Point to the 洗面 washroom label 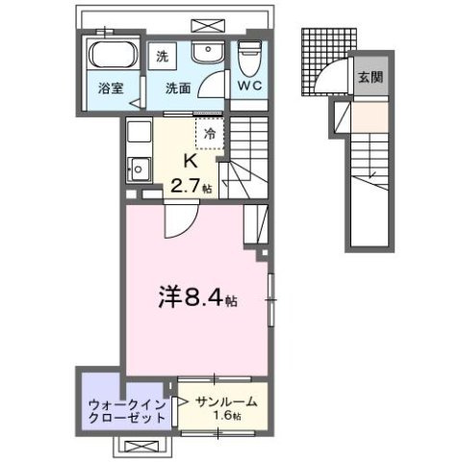coord(175,90)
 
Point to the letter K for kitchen coord(189,162)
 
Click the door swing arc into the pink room coord(176,220)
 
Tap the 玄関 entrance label coord(370,77)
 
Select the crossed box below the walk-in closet coord(141,447)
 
